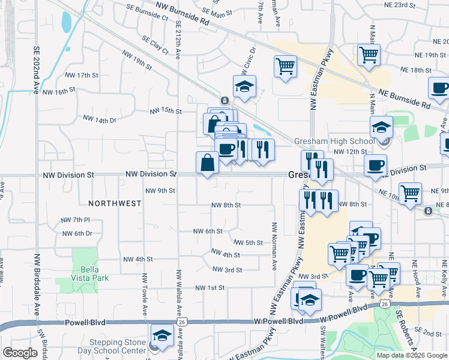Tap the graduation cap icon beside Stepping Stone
pos(161,337)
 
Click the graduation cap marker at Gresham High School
pos(381,128)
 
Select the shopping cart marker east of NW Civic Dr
pos(285,66)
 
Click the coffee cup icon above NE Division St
pos(375,165)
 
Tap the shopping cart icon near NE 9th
pos(411,193)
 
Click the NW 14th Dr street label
pos(99,119)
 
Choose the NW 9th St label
pos(160,191)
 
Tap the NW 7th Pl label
pos(75,220)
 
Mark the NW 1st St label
pos(209,288)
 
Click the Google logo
pos(20,353)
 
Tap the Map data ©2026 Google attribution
pos(412,355)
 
